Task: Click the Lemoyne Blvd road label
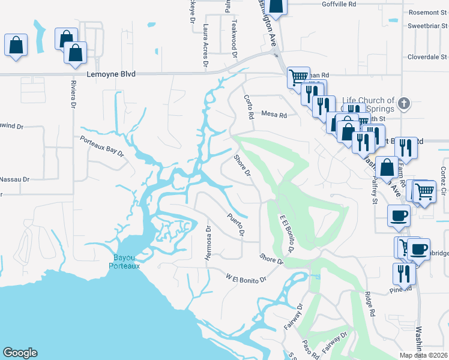pos(111,74)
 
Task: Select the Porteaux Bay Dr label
pos(102,146)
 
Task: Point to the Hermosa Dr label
pos(208,242)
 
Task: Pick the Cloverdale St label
pos(428,59)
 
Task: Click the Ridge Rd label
pos(370,304)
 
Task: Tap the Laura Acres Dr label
pos(205,45)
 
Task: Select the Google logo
pos(20,353)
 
